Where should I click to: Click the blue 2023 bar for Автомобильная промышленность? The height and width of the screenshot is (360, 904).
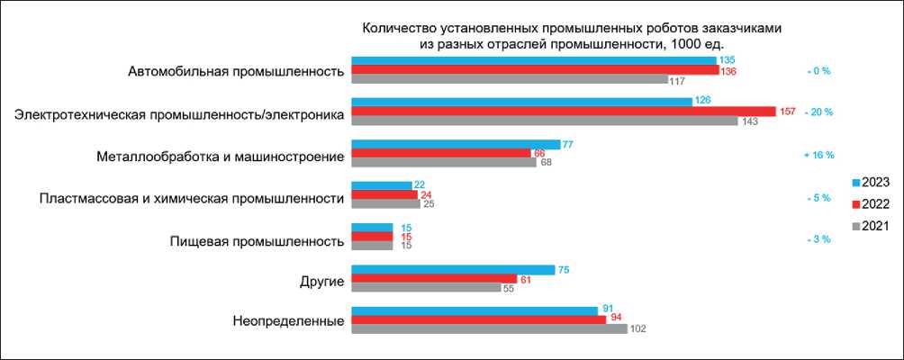533,59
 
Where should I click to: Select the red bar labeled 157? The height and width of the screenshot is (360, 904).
564,112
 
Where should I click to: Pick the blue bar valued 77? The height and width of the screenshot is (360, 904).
455,144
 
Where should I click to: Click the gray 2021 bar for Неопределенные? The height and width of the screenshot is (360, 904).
489,328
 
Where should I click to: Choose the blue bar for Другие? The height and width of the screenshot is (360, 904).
453,269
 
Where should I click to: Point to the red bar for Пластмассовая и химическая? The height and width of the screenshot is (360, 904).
384,195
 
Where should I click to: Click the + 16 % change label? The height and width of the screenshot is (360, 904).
818,156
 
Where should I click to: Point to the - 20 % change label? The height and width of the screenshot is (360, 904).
818,112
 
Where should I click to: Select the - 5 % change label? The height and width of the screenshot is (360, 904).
818,197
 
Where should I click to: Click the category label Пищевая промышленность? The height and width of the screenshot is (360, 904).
257,241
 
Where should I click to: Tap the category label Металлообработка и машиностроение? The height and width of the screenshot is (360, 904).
220,157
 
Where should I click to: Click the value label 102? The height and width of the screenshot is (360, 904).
637,329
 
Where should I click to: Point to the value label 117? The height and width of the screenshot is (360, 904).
679,80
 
